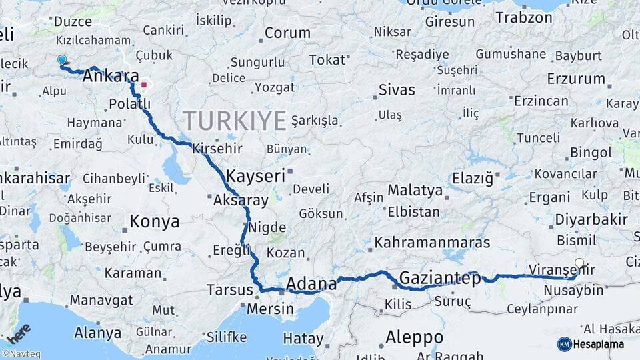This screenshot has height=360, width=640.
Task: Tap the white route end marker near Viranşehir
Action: (579, 263)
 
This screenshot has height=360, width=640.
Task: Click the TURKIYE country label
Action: (235, 121)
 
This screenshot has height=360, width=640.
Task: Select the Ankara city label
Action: (110, 77)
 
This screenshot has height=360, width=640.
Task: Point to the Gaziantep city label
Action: (439, 279)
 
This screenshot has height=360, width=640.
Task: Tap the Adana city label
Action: (311, 284)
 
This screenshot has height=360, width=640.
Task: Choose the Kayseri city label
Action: (255, 176)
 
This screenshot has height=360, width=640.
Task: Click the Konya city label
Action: (154, 221)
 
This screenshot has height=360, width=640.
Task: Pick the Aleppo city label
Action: (414, 337)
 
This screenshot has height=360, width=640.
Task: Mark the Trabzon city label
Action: (524, 17)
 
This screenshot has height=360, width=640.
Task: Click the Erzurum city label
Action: (575, 79)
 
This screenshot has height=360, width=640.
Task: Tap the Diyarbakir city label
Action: (591, 219)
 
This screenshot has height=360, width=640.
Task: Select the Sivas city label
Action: (396, 89)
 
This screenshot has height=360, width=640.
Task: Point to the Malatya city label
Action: (415, 190)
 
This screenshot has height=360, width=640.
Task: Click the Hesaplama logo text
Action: (599, 344)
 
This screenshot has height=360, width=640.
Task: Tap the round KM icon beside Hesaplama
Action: (564, 344)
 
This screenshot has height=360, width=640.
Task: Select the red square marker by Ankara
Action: (143, 85)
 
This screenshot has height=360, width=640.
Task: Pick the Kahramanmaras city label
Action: (432, 243)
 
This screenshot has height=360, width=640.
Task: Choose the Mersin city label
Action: (269, 309)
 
